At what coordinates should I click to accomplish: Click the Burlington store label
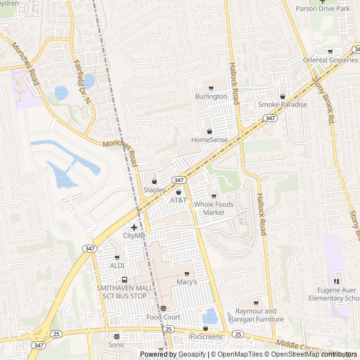click(211, 96)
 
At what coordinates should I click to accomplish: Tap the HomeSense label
click(209, 139)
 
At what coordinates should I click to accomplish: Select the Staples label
click(154, 190)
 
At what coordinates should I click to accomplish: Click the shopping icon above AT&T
click(178, 192)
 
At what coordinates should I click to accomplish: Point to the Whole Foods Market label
click(209, 208)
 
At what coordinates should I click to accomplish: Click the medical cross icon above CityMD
click(134, 227)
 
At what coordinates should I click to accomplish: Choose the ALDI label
click(118, 265)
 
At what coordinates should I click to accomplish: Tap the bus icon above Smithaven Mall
click(124, 280)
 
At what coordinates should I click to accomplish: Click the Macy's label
click(187, 282)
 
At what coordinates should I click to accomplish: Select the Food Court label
click(163, 317)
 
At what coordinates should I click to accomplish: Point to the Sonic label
click(116, 344)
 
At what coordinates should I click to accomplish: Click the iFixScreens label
click(205, 337)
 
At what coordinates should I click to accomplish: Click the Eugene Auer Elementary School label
click(336, 294)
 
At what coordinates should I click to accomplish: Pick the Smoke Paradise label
click(282, 105)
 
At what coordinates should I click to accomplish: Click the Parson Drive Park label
click(323, 8)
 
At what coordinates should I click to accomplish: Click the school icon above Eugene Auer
click(336, 281)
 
